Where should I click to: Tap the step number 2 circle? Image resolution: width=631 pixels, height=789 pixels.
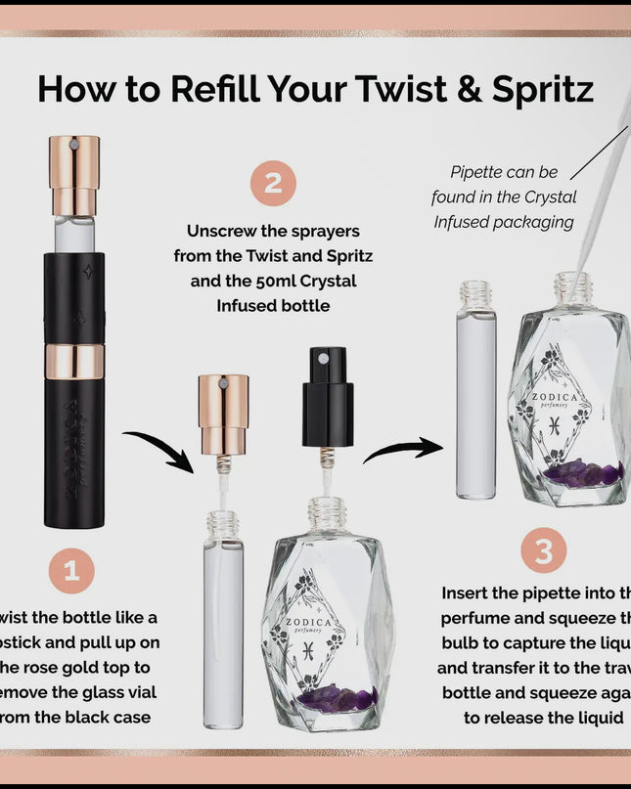pos(273,183)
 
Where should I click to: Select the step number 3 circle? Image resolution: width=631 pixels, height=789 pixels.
pos(543,552)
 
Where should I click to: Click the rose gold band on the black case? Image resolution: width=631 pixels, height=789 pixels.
pos(74,362)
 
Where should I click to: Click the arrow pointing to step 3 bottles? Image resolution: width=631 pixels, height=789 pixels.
pos(402,450)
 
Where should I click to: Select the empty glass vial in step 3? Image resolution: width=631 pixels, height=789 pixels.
pos(476,401)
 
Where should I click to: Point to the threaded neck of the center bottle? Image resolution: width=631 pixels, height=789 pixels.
pos(327,512)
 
